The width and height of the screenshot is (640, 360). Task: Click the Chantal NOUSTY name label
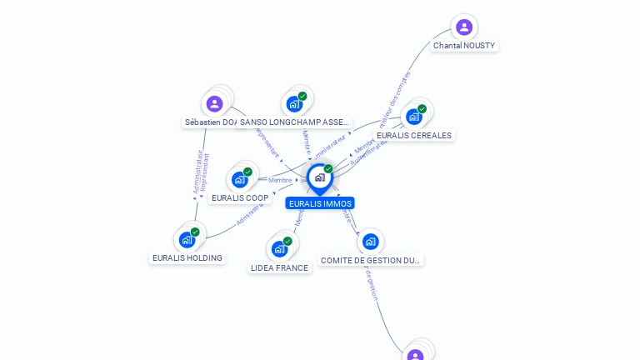click(464, 45)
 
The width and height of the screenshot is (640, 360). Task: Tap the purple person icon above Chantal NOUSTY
click(464, 27)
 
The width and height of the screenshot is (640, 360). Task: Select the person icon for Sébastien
click(214, 104)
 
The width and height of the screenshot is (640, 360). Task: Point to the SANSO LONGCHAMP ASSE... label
click(295, 122)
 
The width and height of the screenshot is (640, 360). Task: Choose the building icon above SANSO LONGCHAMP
click(294, 103)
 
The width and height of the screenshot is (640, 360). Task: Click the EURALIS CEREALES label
click(413, 135)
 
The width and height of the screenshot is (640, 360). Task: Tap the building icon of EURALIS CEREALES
click(414, 117)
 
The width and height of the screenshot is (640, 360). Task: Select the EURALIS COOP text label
click(240, 198)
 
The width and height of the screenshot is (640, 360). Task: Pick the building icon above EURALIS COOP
click(240, 179)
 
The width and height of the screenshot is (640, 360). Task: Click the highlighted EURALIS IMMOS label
click(320, 203)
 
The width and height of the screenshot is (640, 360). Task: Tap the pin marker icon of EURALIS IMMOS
click(319, 177)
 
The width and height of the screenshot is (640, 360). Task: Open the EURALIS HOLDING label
click(187, 258)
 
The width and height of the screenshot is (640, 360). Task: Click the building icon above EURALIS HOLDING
click(187, 240)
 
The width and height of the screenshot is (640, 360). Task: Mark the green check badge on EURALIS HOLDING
click(195, 232)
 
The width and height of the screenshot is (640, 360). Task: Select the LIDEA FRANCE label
click(279, 268)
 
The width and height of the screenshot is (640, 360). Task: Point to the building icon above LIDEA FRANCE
click(279, 249)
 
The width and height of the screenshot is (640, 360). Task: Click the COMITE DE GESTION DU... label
click(371, 261)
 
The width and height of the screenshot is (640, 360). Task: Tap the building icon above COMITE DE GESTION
click(370, 242)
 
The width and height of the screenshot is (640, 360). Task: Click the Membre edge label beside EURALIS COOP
click(280, 180)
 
